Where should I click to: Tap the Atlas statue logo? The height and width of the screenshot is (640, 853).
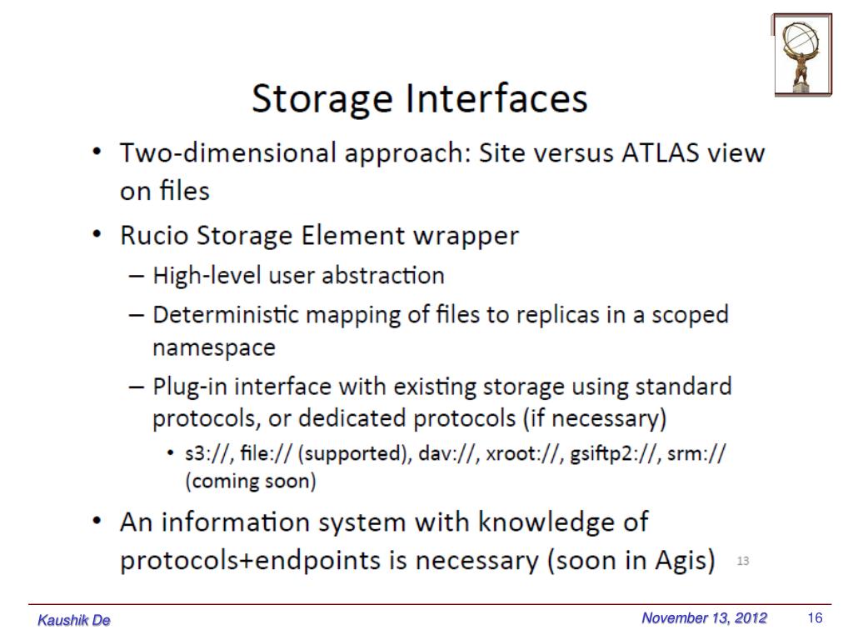pyautogui.click(x=802, y=54)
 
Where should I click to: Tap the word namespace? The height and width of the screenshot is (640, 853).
pyautogui.click(x=213, y=347)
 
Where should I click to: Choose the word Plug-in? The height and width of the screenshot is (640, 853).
pyautogui.click(x=185, y=387)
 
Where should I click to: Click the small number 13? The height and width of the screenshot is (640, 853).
pyautogui.click(x=742, y=562)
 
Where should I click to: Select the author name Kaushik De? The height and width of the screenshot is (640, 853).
pyautogui.click(x=74, y=621)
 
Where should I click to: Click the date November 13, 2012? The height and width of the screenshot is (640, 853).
pyautogui.click(x=704, y=618)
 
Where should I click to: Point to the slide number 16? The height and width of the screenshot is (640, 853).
pyautogui.click(x=815, y=618)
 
